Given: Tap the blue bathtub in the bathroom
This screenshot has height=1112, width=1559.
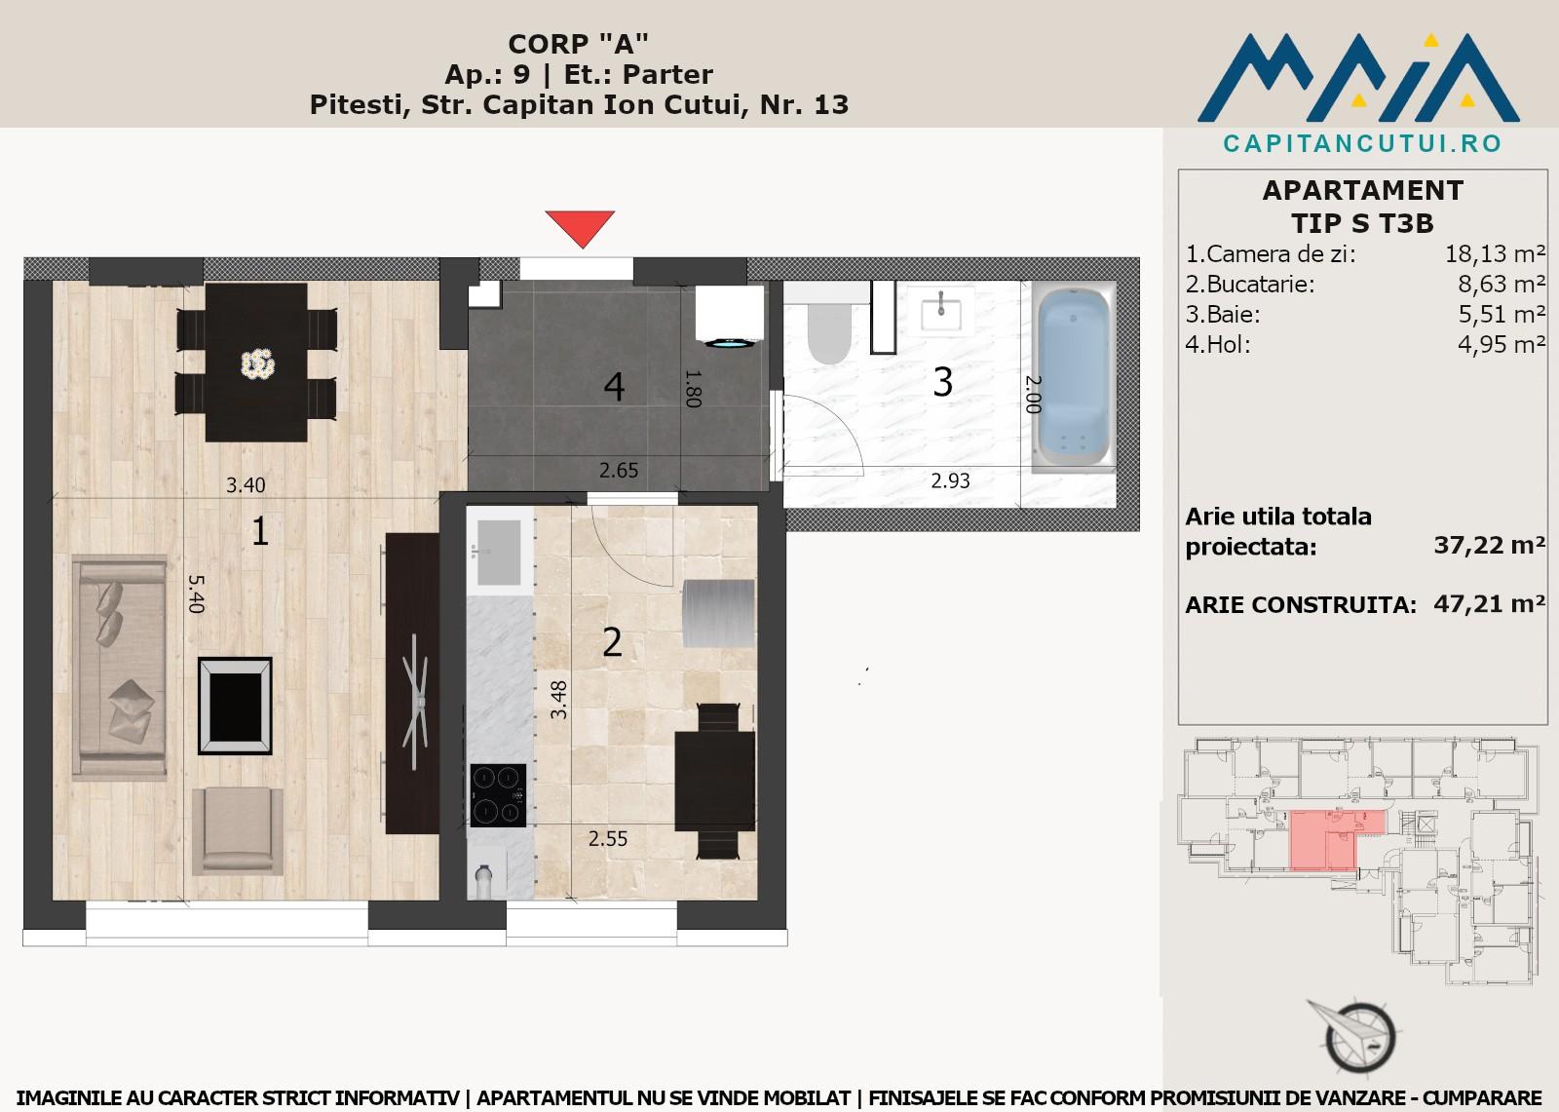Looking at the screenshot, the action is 1073,377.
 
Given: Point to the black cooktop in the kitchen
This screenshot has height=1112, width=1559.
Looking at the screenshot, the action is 498,795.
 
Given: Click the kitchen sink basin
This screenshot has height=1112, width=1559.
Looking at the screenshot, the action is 498,553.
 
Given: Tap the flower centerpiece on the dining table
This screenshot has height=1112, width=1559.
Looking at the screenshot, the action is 258,363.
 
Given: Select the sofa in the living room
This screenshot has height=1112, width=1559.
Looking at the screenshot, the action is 120,667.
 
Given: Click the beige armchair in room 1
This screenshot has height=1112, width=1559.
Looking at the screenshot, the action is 238,830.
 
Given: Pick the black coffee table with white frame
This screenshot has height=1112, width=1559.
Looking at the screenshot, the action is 235,706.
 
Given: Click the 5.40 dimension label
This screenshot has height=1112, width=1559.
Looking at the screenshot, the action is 196,594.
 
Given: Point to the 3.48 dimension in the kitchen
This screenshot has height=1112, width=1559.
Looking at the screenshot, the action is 558,700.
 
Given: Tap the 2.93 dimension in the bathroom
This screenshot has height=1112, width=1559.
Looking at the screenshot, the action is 951,480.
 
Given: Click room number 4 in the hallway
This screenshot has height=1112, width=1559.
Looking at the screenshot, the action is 614,387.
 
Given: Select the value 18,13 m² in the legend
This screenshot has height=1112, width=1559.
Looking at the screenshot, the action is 1496,254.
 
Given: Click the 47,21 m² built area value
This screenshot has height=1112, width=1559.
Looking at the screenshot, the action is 1490,603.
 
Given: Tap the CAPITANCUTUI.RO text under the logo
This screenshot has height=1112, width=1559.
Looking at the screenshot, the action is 1363,143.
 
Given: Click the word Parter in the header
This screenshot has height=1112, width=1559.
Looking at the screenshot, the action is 667,74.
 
